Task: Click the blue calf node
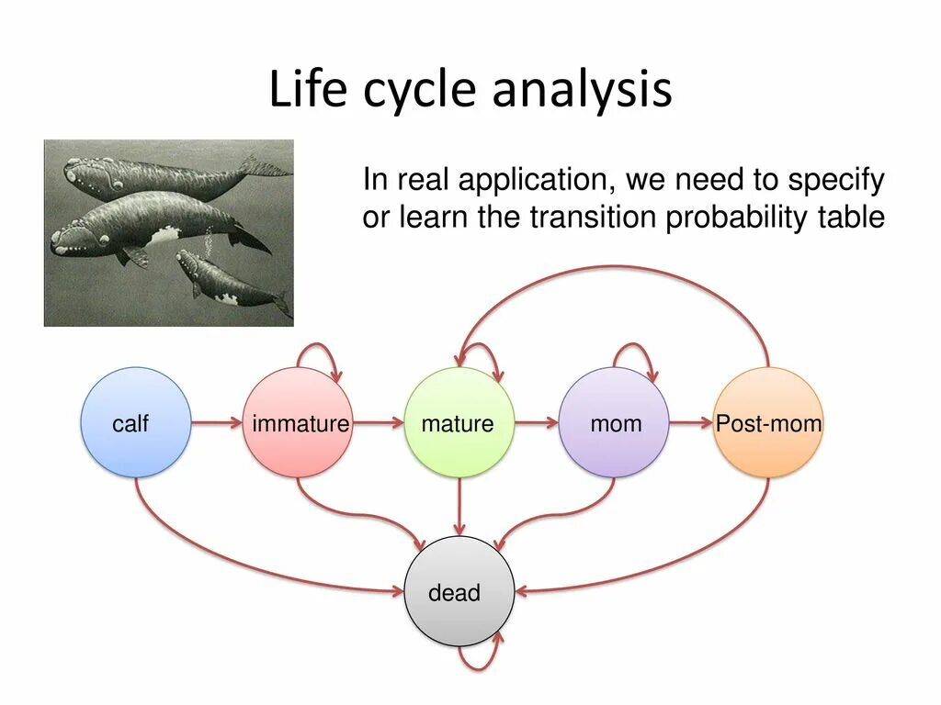tap(136, 423)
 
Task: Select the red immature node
tap(298, 423)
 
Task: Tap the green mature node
tap(459, 423)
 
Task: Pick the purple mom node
tap(615, 423)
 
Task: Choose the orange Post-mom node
tap(768, 423)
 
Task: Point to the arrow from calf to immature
tap(217, 423)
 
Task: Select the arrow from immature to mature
tap(378, 423)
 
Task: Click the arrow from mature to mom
tap(537, 423)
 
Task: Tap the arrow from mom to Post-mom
tap(691, 423)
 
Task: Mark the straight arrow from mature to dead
tap(459, 506)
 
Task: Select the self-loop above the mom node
tap(635, 349)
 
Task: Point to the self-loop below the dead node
tap(480, 659)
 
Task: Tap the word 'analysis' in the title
tap(582, 91)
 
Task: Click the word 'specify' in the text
tap(838, 180)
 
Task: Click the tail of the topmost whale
tap(262, 167)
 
